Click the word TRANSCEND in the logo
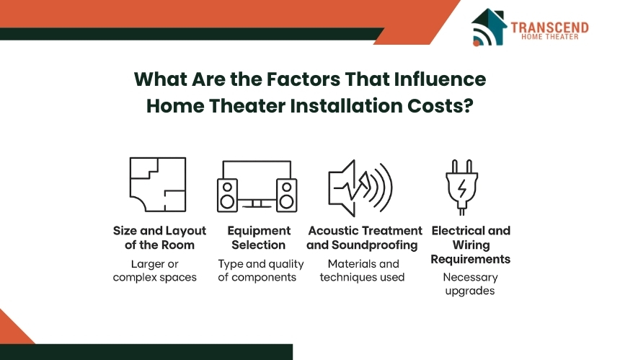549,27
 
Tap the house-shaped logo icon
489,27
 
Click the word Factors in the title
303,79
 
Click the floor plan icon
158,185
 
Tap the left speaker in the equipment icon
227,196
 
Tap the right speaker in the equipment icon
287,196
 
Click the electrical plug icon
462,187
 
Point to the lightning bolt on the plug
462,188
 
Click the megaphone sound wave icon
360,188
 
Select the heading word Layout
185,231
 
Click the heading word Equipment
259,231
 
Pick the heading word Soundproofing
374,245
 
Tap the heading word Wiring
471,245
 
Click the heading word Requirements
471,259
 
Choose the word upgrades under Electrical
470,291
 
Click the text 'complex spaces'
154,277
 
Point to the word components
264,277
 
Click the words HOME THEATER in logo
549,37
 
